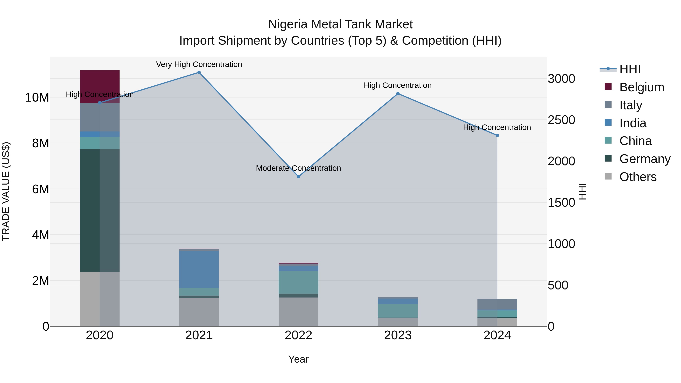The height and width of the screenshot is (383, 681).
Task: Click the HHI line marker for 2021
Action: coord(199,72)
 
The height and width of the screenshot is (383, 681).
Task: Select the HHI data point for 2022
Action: coord(299,177)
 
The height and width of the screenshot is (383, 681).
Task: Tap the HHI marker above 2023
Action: coord(398,94)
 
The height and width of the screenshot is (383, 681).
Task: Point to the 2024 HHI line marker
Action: coord(497,135)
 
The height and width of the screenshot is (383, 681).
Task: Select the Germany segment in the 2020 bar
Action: coord(100,210)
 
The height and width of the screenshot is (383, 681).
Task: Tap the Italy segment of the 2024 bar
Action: coord(497,304)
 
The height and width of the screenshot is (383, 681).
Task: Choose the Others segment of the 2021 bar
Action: coord(199,312)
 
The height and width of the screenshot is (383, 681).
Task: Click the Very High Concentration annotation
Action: coord(199,64)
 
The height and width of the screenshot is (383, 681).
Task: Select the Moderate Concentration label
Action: coord(299,168)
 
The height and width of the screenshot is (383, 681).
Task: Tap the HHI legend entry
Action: coord(630,69)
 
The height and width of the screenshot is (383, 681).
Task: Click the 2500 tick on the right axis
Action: coord(561,120)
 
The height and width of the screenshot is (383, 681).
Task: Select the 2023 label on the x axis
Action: coord(398,335)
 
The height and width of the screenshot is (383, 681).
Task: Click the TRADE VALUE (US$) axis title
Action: coord(6,191)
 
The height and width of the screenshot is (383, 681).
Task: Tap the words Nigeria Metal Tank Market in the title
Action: coord(340,24)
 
